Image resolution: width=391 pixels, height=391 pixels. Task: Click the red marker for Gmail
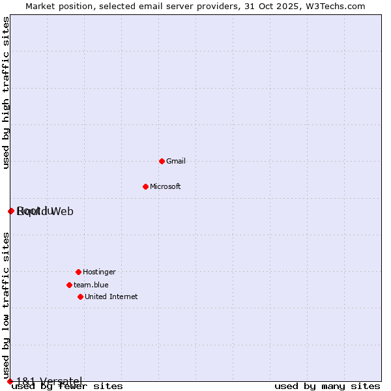[162, 161]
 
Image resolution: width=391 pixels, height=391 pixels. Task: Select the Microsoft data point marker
[145, 186]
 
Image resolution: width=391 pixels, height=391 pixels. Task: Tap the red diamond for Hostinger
[78, 272]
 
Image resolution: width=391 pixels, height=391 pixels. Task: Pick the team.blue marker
[69, 285]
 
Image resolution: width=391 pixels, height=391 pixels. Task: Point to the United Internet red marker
[80, 297]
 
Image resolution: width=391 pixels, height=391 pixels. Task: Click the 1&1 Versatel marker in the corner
[10, 381]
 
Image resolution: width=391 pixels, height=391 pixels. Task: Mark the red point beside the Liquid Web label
[11, 211]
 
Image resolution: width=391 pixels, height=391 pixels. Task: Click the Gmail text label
[176, 161]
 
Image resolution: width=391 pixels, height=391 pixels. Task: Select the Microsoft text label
[166, 186]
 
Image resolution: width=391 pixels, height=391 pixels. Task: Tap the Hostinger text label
[99, 272]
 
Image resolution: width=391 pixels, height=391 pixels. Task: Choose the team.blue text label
[91, 285]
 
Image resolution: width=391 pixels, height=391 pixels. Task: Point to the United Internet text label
[111, 297]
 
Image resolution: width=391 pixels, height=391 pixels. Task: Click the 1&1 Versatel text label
[50, 381]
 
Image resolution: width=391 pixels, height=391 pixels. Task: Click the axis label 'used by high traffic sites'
[6, 93]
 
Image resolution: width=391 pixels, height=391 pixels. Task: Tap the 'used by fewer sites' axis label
[67, 386]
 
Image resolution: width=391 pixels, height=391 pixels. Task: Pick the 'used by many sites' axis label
[327, 386]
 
